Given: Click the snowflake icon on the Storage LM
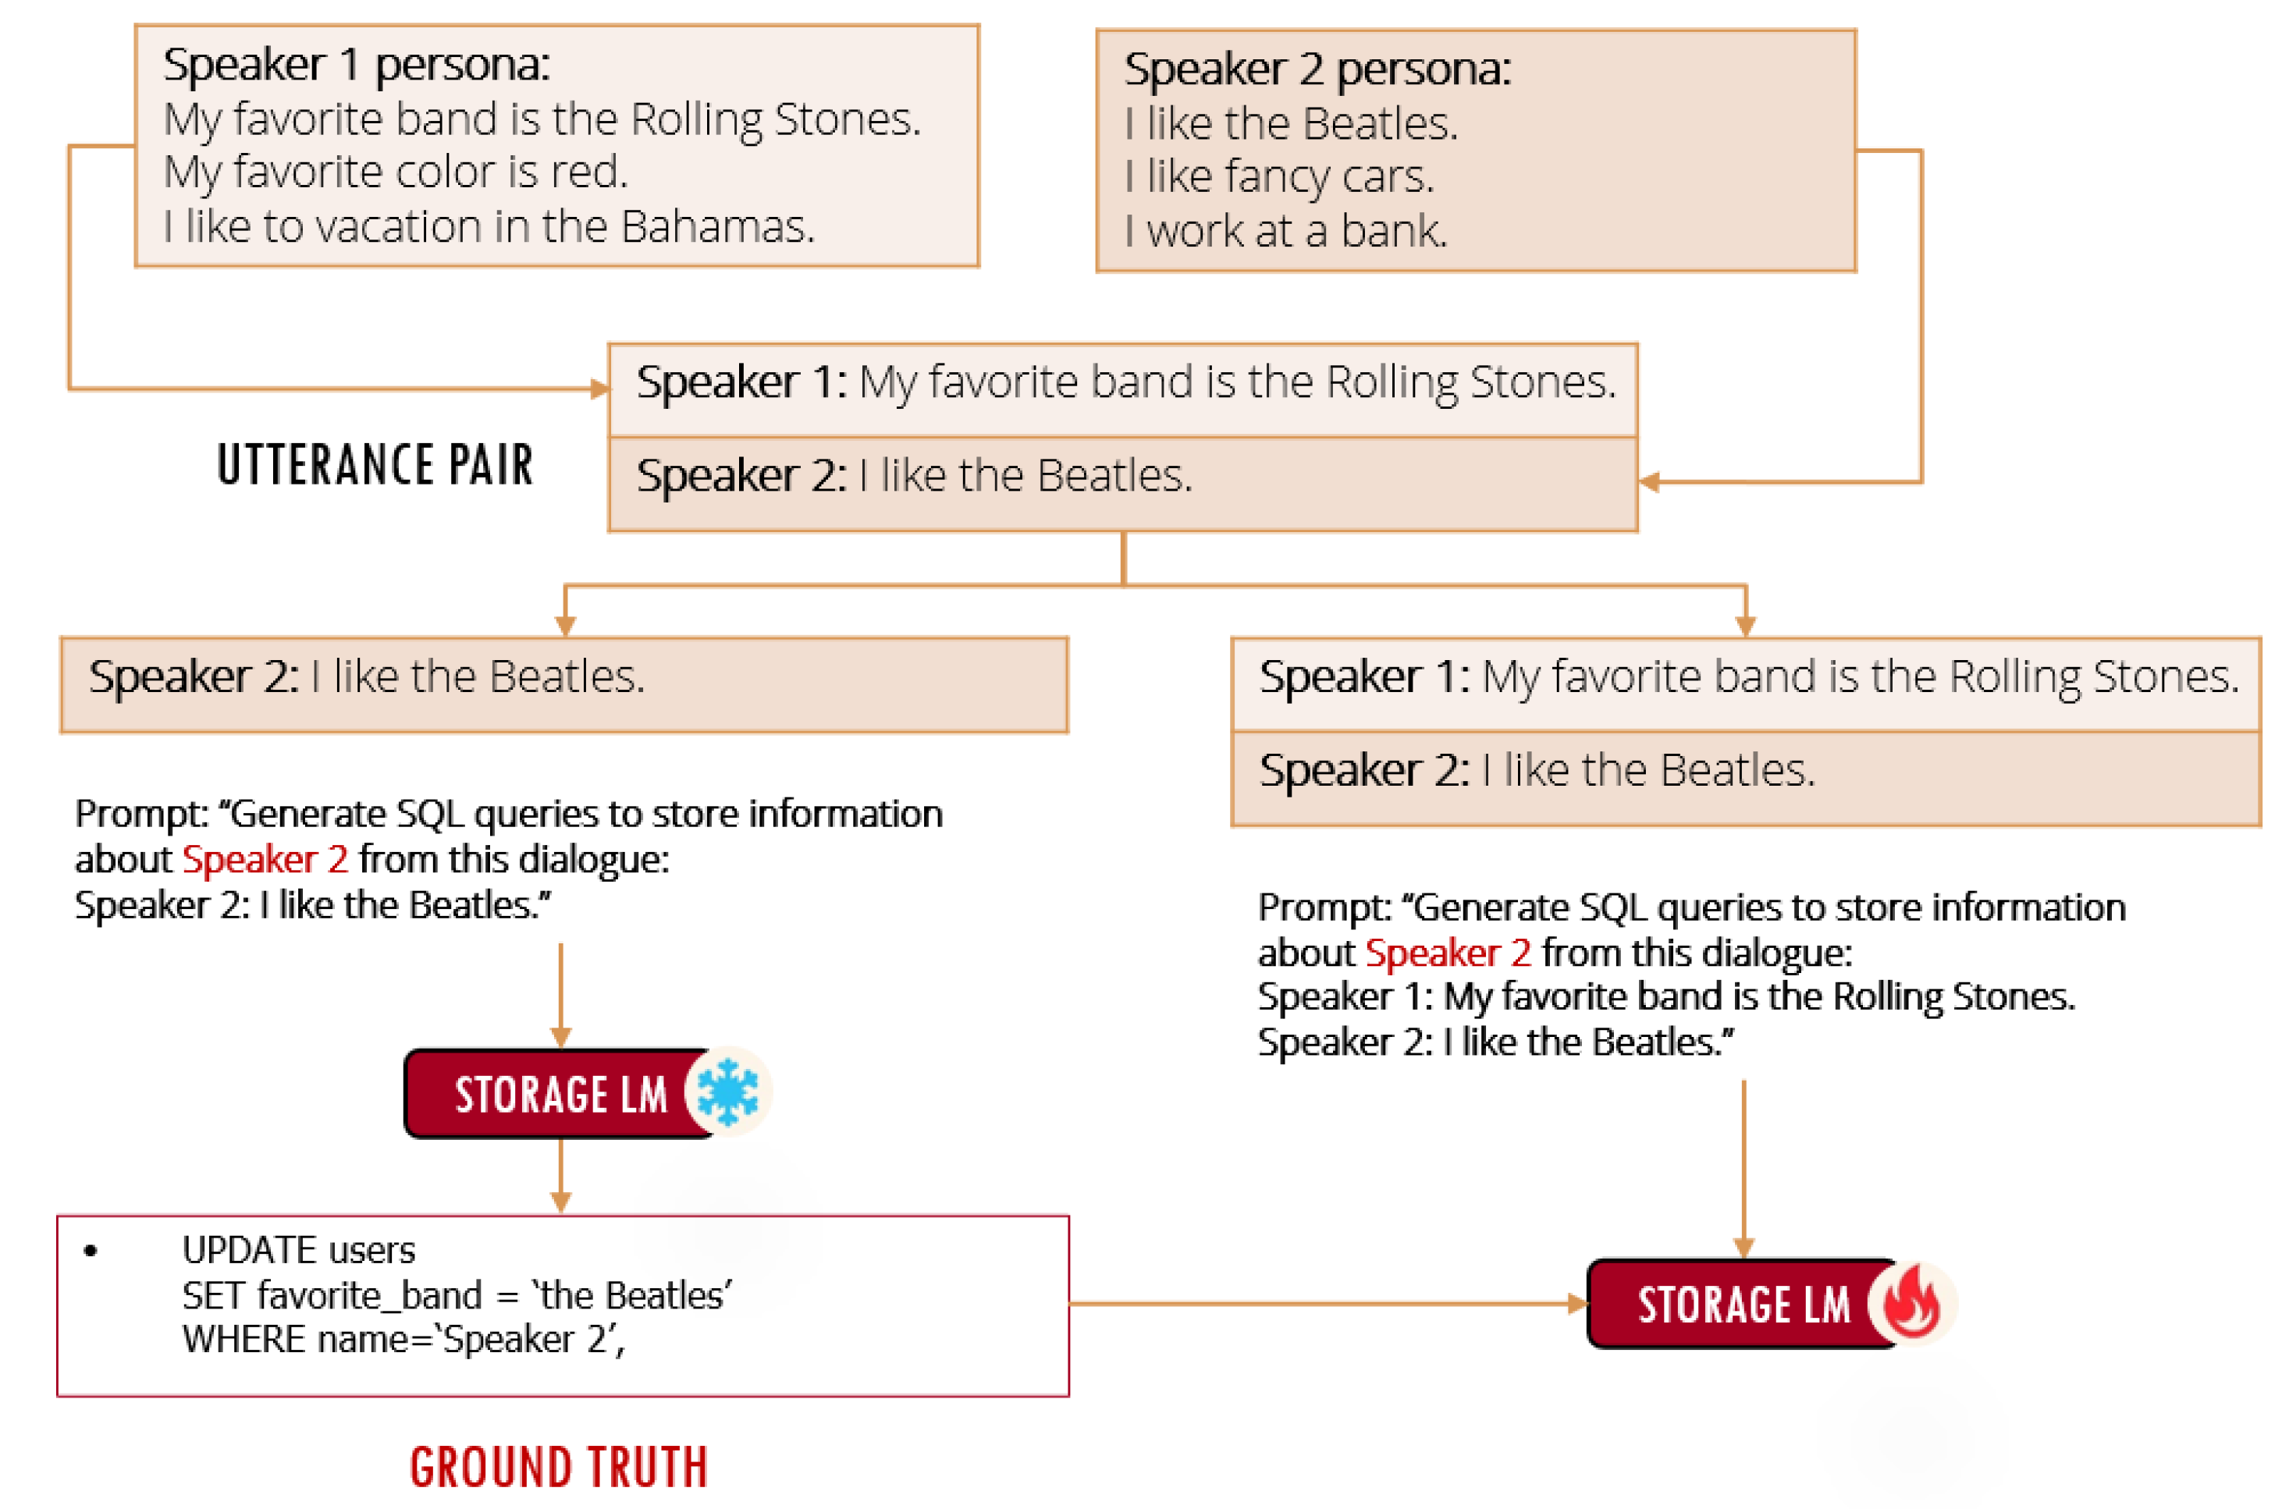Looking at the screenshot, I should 727,1092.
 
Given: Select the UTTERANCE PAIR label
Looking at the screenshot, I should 375,465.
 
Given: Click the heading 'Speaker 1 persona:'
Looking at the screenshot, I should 356,65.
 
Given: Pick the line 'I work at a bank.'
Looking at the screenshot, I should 1286,231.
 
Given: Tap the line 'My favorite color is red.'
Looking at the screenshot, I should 396,172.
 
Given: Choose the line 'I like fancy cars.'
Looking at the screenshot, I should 1279,177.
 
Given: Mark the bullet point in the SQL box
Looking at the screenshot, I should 91,1251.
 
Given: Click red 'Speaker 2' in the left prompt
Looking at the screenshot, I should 265,858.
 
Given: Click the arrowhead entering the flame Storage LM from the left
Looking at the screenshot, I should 1576,1303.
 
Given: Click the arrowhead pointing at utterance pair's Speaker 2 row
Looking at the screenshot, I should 1649,482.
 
